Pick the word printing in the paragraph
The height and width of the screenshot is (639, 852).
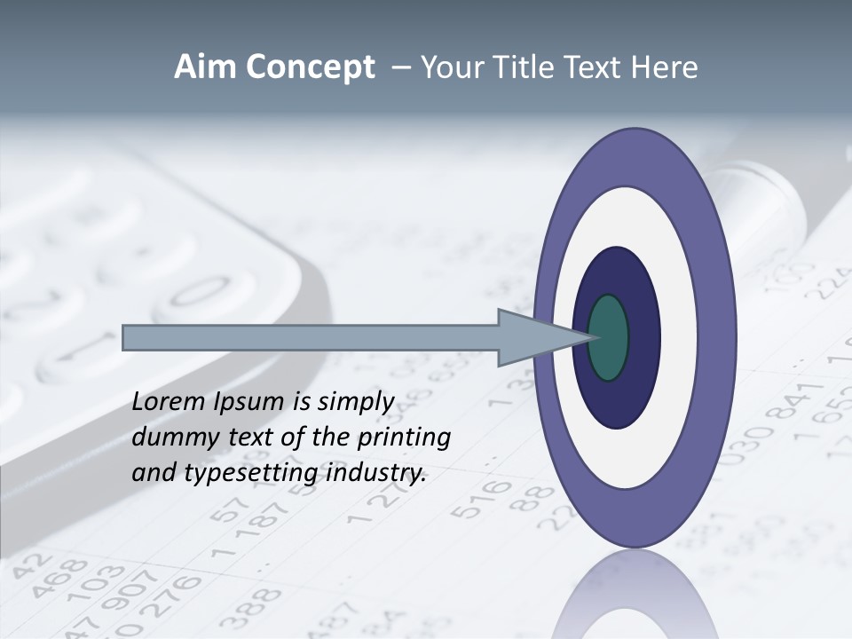(404, 438)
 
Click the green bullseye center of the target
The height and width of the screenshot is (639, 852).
(609, 338)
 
